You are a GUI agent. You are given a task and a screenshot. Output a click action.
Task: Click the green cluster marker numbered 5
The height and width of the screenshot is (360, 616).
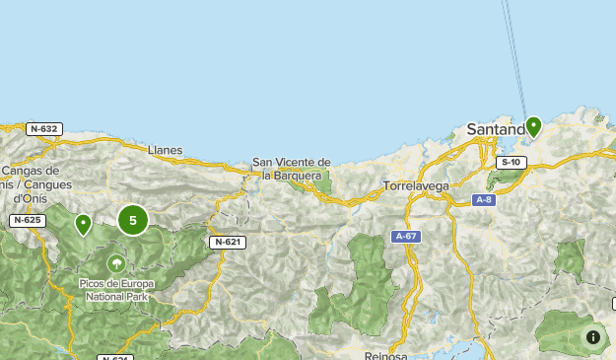[x=133, y=220]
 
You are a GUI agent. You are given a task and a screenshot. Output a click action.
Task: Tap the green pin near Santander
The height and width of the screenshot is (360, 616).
[x=533, y=126]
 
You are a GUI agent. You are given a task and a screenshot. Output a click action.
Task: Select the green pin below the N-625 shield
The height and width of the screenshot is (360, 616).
[x=84, y=225]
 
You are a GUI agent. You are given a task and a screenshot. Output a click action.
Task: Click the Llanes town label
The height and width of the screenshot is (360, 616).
[x=165, y=150]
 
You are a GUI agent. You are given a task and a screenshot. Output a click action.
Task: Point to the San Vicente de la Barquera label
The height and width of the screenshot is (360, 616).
[x=291, y=169]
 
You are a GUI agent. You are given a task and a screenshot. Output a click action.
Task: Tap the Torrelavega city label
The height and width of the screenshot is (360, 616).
[x=416, y=184]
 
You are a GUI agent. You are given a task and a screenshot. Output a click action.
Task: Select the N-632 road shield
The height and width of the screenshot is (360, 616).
[x=44, y=129]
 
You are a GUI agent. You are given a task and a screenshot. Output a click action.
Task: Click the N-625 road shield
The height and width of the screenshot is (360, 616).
[x=28, y=220]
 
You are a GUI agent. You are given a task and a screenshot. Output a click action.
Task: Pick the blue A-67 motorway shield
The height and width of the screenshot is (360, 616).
[x=406, y=237]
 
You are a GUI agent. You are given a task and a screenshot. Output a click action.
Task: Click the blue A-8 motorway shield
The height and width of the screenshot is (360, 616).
[x=483, y=200]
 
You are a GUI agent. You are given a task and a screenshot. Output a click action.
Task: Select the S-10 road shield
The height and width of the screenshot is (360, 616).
[x=510, y=162]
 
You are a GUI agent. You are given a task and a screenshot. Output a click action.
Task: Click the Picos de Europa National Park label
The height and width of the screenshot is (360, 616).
[x=116, y=290]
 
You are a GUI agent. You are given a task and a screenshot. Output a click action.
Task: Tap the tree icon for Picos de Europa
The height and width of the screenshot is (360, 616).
[x=116, y=263]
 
